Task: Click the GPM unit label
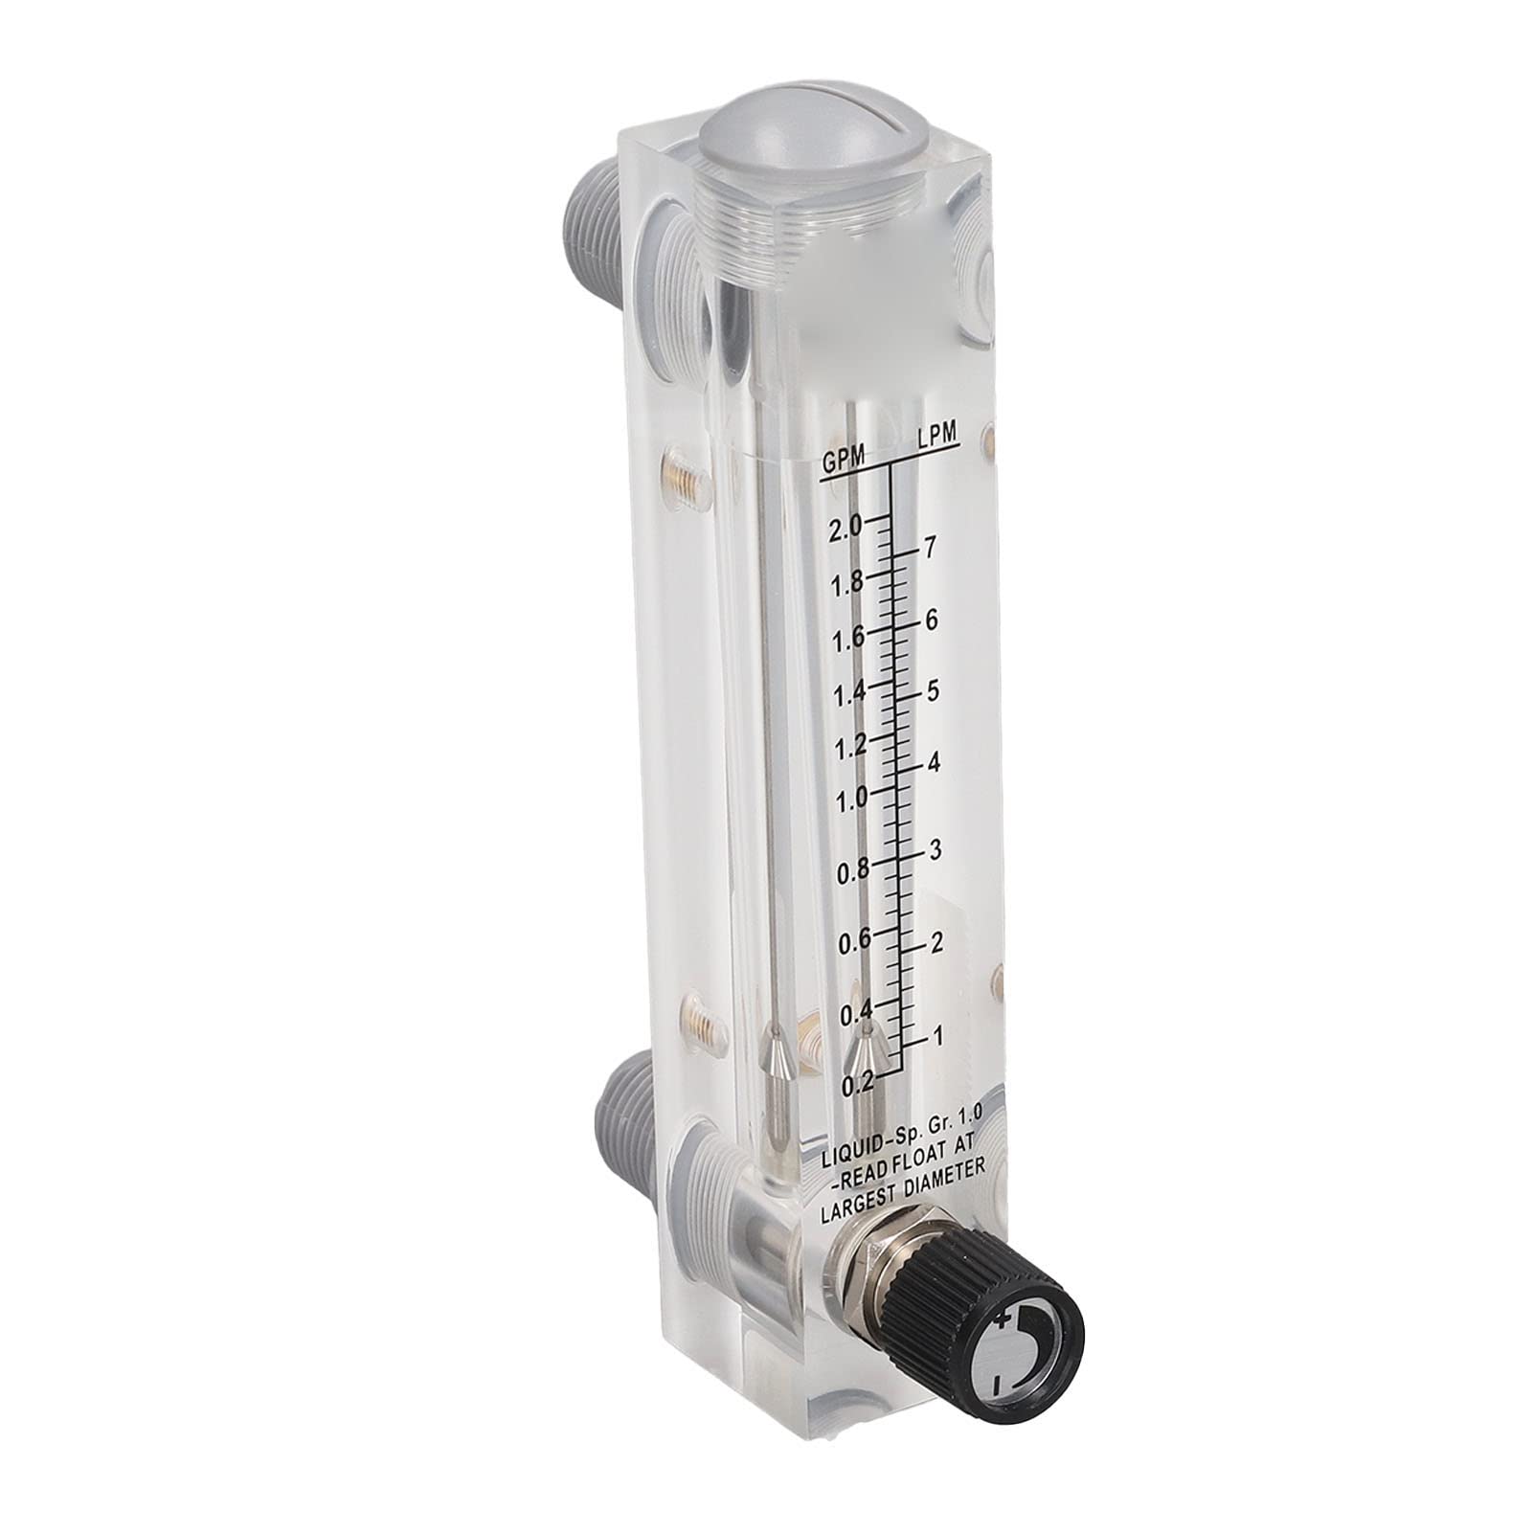843,462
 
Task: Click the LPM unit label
936,435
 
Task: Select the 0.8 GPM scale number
854,869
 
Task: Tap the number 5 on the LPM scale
933,689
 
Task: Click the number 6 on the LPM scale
931,620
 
